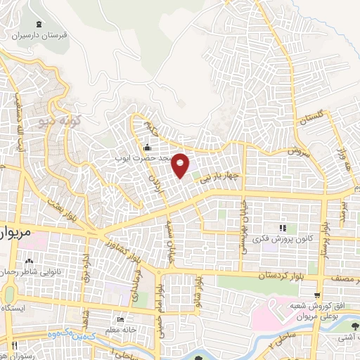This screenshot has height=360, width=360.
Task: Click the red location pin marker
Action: tap(181, 165)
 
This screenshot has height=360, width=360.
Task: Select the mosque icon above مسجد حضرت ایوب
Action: tap(146, 148)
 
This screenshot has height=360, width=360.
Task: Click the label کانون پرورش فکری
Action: tap(283, 239)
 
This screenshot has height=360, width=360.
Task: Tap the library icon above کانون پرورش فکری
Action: tap(283, 229)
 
